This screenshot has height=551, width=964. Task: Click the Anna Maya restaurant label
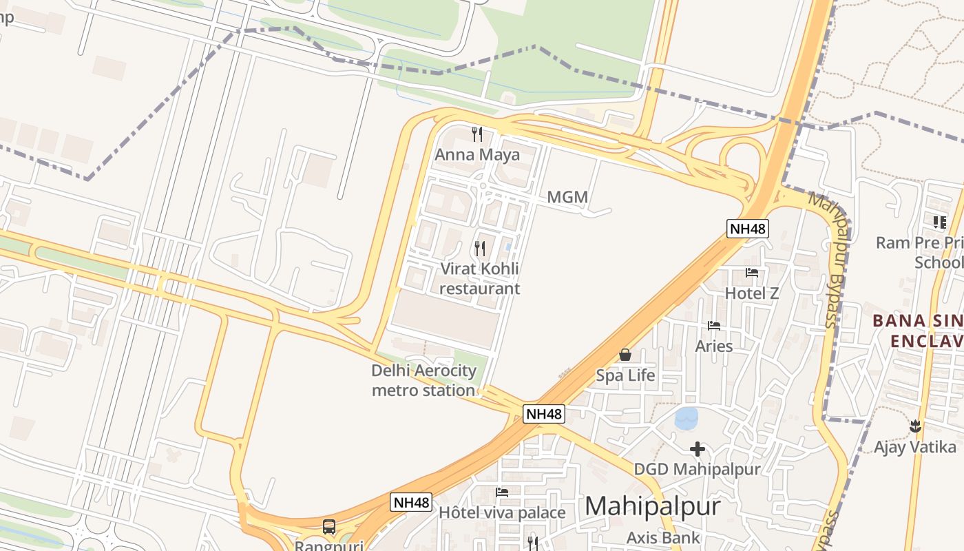coord(476,154)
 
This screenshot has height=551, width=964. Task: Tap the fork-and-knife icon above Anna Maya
coord(476,133)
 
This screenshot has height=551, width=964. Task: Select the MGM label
coord(567,198)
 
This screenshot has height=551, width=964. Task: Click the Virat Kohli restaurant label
coord(480,278)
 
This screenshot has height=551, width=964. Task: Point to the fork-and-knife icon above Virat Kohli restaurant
coord(480,248)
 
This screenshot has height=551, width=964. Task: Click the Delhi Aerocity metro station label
coord(423,380)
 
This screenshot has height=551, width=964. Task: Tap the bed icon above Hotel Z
coord(752,273)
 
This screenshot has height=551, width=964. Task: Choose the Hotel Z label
coord(752,293)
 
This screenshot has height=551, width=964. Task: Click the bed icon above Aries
coord(714,325)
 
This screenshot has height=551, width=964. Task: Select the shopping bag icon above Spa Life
coord(625,355)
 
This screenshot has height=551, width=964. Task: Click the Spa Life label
coord(625,375)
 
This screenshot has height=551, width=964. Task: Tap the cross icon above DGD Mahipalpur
coord(697,450)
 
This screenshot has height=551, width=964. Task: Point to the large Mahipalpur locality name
coord(652,506)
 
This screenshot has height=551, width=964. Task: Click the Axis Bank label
coord(663,538)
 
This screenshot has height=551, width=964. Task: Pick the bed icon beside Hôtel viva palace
coord(502,492)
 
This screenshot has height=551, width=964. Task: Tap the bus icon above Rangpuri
coord(329,527)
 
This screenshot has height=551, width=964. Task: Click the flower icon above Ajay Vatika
coord(915,426)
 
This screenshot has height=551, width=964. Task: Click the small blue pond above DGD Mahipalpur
coord(687,418)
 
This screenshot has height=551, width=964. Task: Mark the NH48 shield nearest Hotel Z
coord(747,229)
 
